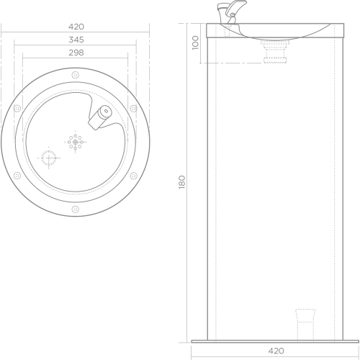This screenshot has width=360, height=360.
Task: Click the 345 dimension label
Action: point(76,40)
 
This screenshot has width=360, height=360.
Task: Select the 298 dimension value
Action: point(76,53)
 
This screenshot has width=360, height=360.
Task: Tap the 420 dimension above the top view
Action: point(76,27)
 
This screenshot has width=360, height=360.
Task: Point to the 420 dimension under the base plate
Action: point(276,351)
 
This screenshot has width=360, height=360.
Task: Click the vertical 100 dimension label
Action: point(196,42)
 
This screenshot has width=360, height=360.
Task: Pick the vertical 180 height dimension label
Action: point(182,182)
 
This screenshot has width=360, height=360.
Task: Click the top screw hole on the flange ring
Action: point(76,75)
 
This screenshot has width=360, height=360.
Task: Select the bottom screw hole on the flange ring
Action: point(76,210)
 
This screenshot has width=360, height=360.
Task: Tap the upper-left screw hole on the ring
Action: point(17,109)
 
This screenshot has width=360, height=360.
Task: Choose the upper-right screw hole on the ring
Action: point(134,109)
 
